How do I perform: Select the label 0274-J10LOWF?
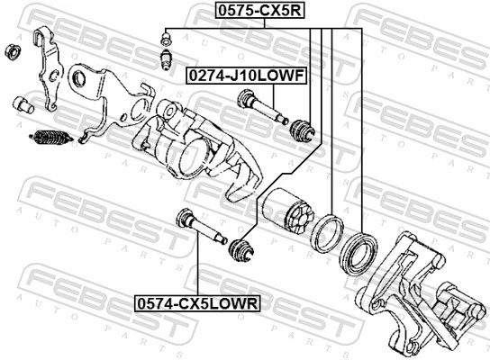click(x=246, y=77)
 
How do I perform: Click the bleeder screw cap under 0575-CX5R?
click(x=166, y=39)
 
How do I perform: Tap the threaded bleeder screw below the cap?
click(x=166, y=60)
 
